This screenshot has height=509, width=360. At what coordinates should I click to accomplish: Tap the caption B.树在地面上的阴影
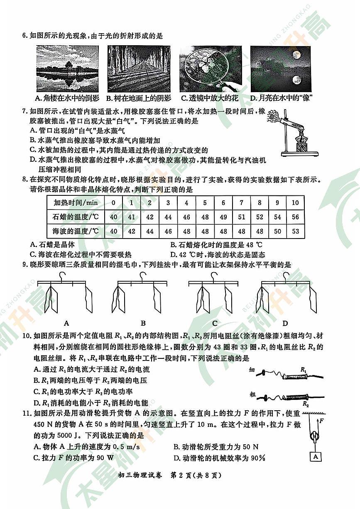(139, 98)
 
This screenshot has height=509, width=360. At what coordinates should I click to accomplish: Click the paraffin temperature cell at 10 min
(295, 217)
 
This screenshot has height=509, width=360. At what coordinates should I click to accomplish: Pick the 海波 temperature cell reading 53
(295, 231)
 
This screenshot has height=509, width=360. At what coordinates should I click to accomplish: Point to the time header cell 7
(241, 203)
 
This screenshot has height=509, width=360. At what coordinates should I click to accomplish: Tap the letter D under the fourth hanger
(285, 324)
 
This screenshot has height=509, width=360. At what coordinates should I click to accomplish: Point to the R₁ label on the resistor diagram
(303, 368)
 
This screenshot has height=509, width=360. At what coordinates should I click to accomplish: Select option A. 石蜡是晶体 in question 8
(52, 245)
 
